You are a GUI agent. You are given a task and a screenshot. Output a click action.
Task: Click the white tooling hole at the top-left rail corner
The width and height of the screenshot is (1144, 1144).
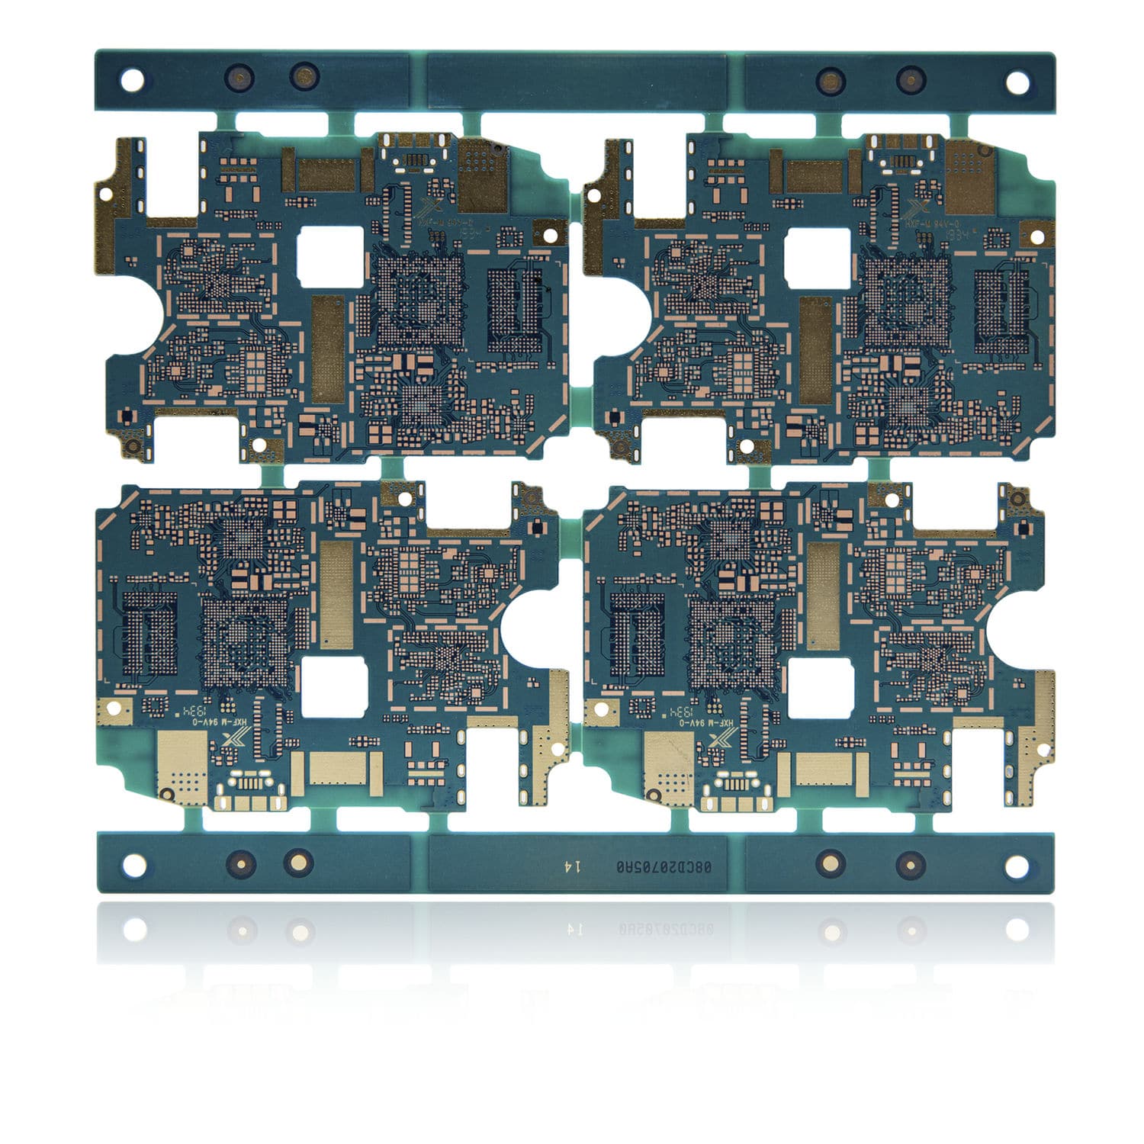pyautogui.click(x=132, y=80)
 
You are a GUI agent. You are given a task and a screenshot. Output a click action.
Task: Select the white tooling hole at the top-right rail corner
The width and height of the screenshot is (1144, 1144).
pyautogui.click(x=1016, y=82)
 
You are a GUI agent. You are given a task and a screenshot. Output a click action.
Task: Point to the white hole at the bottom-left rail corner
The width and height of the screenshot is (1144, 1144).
pyautogui.click(x=135, y=865)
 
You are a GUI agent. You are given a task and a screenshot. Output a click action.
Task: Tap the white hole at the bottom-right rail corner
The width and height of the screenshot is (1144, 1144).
pyautogui.click(x=1016, y=866)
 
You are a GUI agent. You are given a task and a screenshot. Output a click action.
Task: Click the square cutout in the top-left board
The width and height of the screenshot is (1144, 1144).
pyautogui.click(x=331, y=257)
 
